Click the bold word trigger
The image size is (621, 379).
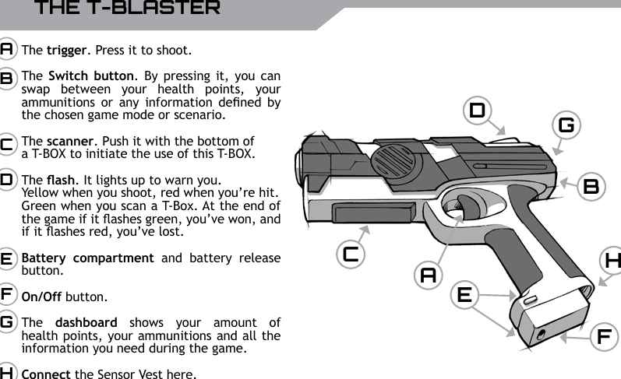tap(65, 51)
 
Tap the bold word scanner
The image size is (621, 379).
tap(68, 142)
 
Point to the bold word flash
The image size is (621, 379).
tap(58, 181)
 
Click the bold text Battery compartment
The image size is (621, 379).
tap(87, 258)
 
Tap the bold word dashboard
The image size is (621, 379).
tap(86, 321)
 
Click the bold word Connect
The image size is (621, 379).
tap(47, 374)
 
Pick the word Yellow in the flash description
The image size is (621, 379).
tap(39, 193)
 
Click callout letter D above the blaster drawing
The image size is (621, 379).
tap(477, 111)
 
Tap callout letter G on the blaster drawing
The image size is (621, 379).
tap(566, 125)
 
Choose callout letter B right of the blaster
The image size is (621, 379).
tap(591, 186)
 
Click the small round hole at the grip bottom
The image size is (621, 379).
tap(541, 335)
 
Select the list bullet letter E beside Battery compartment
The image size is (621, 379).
tap(6, 258)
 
